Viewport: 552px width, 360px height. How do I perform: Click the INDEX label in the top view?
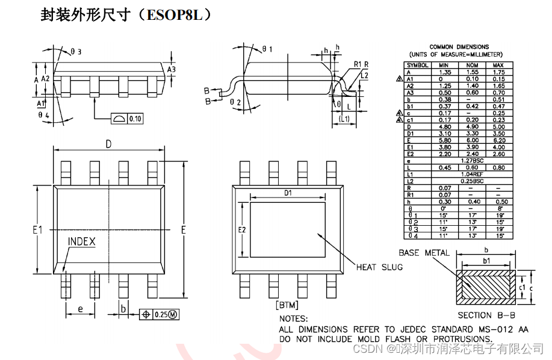pos(82,241)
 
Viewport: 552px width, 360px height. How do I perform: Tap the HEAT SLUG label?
pos(379,267)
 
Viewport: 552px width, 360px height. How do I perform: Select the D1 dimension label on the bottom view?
pos(288,193)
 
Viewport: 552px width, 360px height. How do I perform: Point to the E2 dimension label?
pos(242,230)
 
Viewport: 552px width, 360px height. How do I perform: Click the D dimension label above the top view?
pos(109,144)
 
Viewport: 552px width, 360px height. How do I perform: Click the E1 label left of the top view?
pos(37,229)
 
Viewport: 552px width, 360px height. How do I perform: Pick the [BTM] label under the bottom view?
pos(287,305)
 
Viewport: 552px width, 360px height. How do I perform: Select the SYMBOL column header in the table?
pos(418,64)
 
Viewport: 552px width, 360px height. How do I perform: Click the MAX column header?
pos(498,64)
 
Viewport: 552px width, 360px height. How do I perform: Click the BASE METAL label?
pos(424,252)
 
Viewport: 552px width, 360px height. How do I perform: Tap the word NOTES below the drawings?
pos(293,318)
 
